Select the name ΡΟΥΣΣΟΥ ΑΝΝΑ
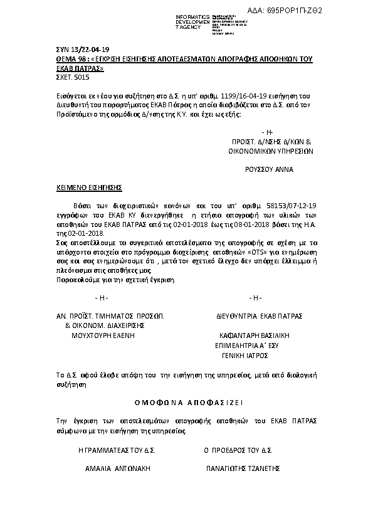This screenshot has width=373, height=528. (x=268, y=169)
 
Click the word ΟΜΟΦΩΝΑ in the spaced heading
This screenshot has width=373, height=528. (x=159, y=401)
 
